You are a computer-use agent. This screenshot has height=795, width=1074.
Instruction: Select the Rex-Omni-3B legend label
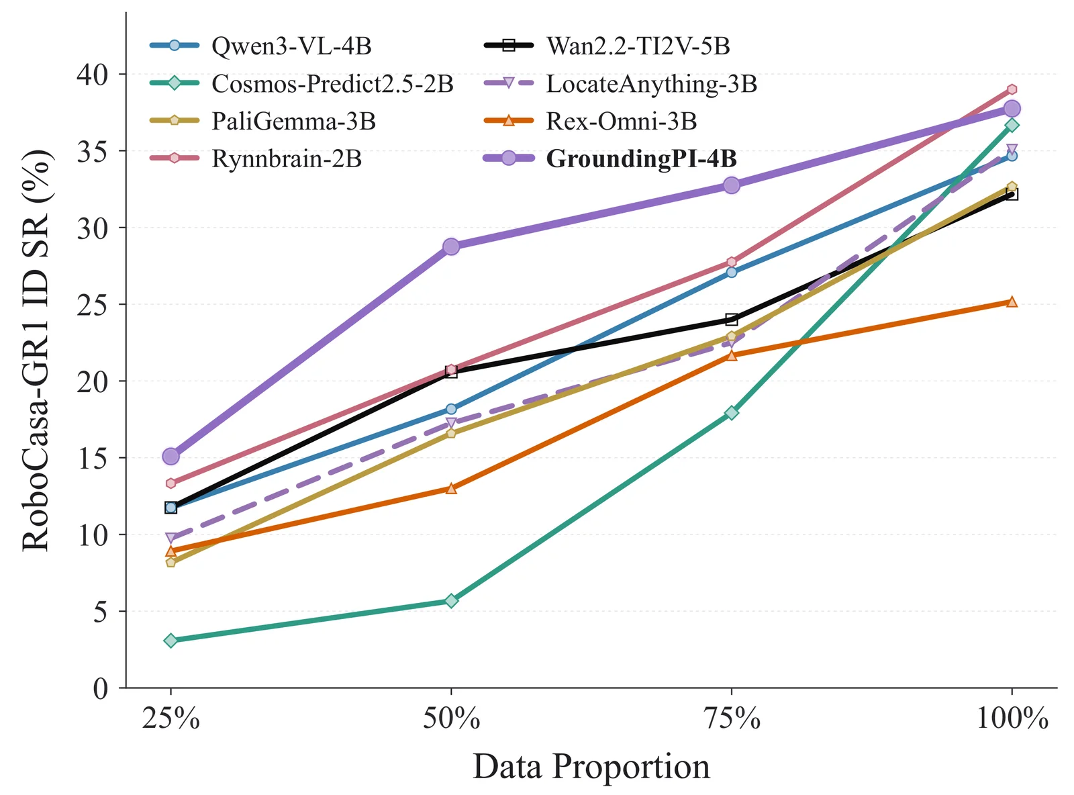(622, 121)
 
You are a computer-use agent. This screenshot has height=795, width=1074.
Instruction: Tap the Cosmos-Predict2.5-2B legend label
(332, 83)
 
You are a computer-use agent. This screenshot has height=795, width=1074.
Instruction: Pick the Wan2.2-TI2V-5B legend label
(638, 46)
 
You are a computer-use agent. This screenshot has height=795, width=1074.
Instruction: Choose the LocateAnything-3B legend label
(651, 83)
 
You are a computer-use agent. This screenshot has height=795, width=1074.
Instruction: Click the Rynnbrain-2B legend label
(287, 158)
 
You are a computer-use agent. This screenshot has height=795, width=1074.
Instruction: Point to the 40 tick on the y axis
(93, 74)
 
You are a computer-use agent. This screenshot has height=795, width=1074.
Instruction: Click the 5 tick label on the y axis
(101, 611)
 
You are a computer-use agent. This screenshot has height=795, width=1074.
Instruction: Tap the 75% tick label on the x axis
(732, 718)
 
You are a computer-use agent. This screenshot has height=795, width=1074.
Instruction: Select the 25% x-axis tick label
(170, 718)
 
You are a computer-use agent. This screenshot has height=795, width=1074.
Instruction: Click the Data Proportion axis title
(591, 766)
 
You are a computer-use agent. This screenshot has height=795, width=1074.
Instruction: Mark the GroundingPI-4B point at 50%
(451, 246)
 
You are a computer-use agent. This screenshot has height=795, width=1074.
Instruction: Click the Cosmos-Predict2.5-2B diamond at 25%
(170, 640)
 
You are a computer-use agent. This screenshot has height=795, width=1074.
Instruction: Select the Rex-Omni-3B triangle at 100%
(1012, 302)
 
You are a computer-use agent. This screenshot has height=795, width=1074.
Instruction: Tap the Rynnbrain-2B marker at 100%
(1012, 89)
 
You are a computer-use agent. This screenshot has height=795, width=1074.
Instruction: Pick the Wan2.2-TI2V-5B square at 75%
(731, 319)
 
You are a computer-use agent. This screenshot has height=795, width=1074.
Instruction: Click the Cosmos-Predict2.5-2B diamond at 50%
(451, 601)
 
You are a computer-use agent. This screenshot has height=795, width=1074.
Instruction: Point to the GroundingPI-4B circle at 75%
(731, 185)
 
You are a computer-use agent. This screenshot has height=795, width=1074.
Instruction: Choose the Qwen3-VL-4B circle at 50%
(451, 409)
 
